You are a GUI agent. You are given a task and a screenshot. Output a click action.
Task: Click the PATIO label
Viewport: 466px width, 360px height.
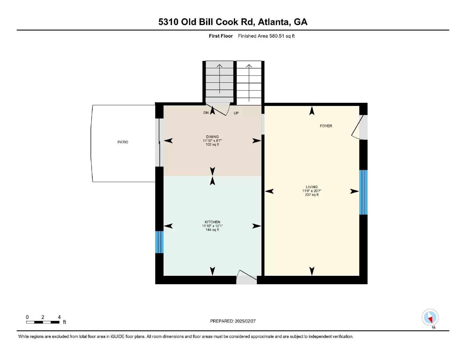coord(123,142)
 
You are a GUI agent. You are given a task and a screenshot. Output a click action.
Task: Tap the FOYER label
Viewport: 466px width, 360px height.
coord(326,126)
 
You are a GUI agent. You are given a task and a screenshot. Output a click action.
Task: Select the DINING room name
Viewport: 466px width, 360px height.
coord(212,137)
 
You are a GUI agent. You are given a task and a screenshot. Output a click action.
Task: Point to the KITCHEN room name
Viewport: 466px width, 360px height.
coord(212,222)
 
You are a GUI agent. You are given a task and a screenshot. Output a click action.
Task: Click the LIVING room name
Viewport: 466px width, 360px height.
coord(312,187)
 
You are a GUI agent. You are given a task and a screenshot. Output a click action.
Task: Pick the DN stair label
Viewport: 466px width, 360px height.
coord(206,113)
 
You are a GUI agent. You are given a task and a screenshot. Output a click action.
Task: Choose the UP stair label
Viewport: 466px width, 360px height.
coord(236,113)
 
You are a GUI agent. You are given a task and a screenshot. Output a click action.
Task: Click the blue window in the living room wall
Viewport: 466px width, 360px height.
coord(363,192)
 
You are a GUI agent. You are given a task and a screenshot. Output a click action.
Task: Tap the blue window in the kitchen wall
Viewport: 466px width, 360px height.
coord(159,242)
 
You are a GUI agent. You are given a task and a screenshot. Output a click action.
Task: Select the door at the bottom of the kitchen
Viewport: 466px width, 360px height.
coord(247,277)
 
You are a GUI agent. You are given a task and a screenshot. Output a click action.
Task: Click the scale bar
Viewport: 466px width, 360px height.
coord(43,322)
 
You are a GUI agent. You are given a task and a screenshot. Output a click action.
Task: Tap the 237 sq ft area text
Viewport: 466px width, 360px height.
coord(312,195)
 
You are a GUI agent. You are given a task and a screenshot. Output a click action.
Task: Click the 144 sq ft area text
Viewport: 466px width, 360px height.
coord(212,230)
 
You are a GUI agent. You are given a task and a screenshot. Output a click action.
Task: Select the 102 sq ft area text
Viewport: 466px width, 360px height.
coord(212,144)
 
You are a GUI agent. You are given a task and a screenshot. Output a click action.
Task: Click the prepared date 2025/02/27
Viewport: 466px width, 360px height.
coord(245,321)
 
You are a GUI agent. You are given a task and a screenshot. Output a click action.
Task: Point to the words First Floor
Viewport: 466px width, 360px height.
coord(221,36)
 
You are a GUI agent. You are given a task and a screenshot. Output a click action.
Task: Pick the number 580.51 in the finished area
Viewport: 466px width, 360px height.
coord(277,36)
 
